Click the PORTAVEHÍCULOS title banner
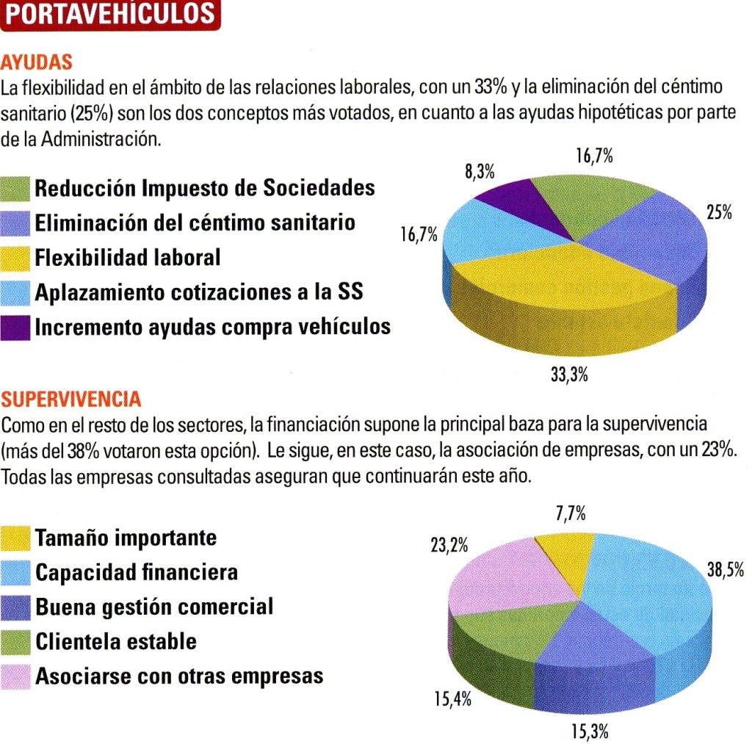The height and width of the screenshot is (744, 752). [110, 15]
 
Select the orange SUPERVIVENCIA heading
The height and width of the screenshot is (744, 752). [71, 400]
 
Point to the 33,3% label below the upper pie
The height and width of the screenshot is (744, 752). [569, 375]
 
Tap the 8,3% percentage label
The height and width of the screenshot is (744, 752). [480, 173]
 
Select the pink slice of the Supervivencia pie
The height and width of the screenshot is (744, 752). [492, 577]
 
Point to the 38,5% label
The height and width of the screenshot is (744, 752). [726, 570]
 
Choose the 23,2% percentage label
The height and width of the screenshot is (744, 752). [449, 546]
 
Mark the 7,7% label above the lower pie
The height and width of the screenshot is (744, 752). [571, 513]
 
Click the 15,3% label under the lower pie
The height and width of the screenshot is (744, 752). [590, 731]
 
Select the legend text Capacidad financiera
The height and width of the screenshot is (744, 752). [137, 572]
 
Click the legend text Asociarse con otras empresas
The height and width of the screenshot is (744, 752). [179, 676]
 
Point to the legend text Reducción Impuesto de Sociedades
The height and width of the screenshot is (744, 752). [205, 188]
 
